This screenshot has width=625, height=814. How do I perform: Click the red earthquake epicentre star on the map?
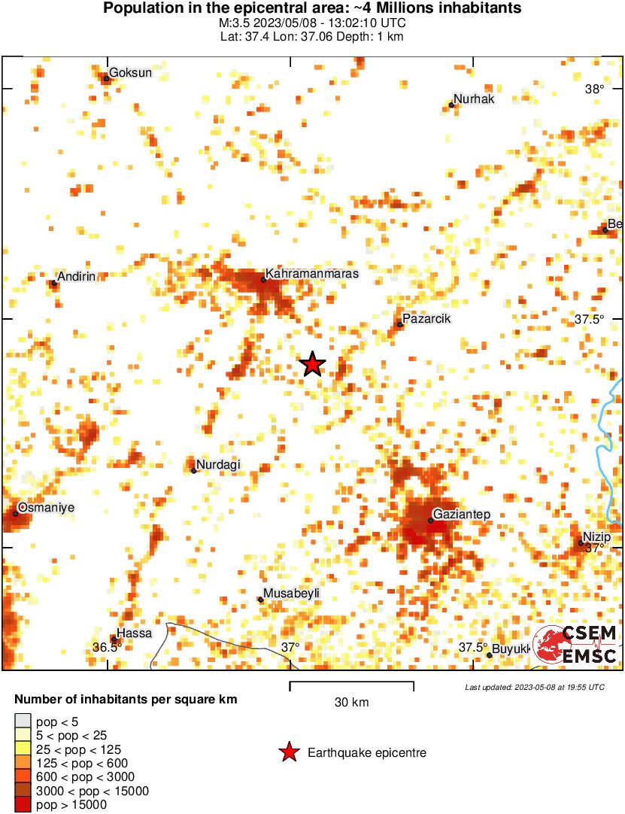click(x=312, y=365)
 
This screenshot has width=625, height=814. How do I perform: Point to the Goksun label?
click(x=132, y=73)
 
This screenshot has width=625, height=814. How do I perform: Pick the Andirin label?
click(x=77, y=277)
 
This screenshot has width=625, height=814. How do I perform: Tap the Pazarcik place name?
click(x=426, y=319)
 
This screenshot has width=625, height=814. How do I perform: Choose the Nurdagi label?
click(x=218, y=465)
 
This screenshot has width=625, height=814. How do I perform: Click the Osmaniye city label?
click(x=46, y=508)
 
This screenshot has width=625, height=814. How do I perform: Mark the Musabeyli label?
click(x=291, y=594)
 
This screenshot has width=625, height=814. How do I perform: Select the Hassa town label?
click(x=135, y=633)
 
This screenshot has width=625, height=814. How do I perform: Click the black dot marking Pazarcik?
click(x=400, y=325)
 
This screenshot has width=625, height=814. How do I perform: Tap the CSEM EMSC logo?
click(x=575, y=645)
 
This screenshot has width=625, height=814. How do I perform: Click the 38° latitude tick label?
click(x=594, y=90)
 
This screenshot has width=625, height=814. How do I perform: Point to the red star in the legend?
click(x=288, y=752)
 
